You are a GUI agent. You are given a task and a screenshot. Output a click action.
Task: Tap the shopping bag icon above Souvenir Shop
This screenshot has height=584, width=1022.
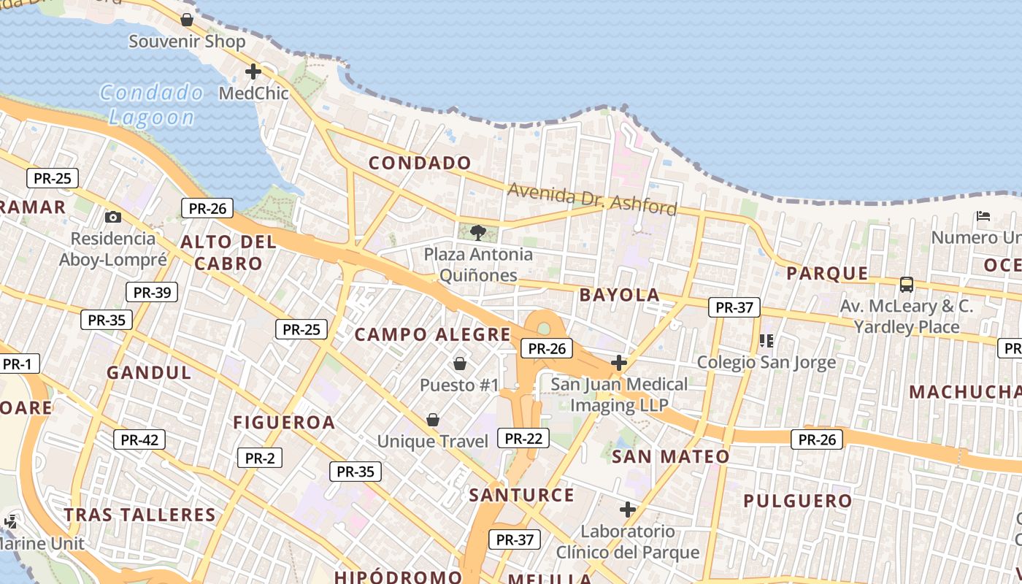click(187, 20)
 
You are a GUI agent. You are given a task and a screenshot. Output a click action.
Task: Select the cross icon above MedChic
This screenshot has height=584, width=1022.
click(253, 72)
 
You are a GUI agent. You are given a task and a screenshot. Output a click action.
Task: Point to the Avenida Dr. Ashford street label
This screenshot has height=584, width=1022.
click(592, 199)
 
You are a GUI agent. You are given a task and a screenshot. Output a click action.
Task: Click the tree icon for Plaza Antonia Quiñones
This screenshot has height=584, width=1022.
click(478, 233)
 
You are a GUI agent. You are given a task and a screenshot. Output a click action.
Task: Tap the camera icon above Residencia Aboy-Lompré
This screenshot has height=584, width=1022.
click(113, 217)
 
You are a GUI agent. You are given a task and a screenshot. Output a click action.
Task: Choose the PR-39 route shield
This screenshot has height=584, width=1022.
click(152, 292)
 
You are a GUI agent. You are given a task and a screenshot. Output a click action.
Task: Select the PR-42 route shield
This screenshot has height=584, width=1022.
click(139, 439)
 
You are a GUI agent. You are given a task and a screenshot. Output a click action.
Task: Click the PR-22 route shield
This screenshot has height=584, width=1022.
click(523, 438)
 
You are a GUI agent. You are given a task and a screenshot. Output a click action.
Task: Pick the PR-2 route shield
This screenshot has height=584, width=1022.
click(259, 458)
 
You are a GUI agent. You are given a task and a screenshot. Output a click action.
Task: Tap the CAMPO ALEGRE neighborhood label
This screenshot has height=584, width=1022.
click(432, 335)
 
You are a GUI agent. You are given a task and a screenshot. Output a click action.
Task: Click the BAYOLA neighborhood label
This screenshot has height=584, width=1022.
click(619, 295)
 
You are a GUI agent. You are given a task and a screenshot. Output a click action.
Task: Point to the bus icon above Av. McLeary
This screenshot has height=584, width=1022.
click(906, 285)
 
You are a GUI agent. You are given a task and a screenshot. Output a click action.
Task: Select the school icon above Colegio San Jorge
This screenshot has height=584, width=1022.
click(766, 340)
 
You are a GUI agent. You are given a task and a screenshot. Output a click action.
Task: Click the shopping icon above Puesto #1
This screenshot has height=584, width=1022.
click(460, 363)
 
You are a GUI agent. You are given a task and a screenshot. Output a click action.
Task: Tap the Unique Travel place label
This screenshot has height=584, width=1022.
click(432, 441)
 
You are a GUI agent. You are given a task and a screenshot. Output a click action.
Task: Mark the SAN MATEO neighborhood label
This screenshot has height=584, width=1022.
click(670, 457)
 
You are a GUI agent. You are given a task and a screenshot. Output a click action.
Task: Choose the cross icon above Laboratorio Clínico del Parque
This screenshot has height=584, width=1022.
click(628, 509)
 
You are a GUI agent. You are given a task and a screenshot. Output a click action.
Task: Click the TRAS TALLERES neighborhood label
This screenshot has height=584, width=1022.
click(139, 515)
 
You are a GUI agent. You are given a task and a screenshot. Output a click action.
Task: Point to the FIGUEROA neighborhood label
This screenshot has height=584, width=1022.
click(284, 422)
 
